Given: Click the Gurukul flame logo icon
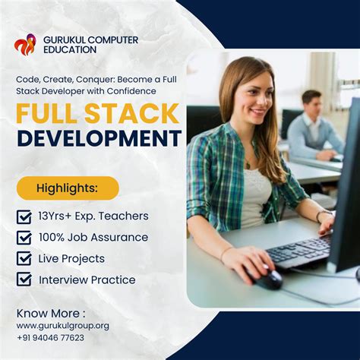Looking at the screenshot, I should [x=25, y=44].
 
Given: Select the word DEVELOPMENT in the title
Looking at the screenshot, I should [x=99, y=138].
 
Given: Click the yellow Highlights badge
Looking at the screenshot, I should [x=68, y=188].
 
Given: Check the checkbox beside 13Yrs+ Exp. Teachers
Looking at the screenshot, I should [x=24, y=216].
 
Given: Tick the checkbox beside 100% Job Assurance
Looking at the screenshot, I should [x=24, y=238].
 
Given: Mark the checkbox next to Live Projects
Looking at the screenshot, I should [x=24, y=259].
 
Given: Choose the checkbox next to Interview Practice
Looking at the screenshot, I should [x=24, y=280].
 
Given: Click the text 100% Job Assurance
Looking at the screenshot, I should [x=93, y=237].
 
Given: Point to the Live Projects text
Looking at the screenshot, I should [x=71, y=258].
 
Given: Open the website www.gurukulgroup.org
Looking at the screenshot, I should [x=62, y=326].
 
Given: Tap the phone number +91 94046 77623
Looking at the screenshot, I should [x=50, y=338].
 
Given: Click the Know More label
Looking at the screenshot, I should [x=51, y=312].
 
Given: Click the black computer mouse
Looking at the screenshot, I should [x=268, y=279].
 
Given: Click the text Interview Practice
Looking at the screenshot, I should [x=87, y=279].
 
